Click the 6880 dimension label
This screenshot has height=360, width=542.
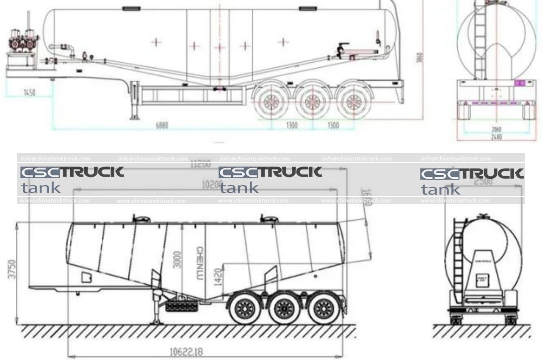[x=162, y=125]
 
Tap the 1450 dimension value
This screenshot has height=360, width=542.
[x=29, y=92]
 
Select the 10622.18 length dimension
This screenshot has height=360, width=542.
[x=186, y=352]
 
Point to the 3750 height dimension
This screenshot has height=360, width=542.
[x=13, y=269]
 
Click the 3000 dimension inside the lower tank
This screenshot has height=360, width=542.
[x=177, y=259]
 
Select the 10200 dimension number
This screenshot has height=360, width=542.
[x=210, y=185]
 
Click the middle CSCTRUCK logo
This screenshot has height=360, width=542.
[x=270, y=172]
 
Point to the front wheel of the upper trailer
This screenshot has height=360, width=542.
[x=271, y=102]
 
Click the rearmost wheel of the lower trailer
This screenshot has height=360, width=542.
[x=324, y=308]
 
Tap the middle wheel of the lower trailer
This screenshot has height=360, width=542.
[x=284, y=309]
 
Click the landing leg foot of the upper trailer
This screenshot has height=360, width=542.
[x=134, y=117]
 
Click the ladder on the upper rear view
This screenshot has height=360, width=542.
[x=480, y=42]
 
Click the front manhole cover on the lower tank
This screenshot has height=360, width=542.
[x=141, y=219]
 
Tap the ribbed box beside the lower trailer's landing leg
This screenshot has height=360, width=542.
[x=181, y=306]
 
